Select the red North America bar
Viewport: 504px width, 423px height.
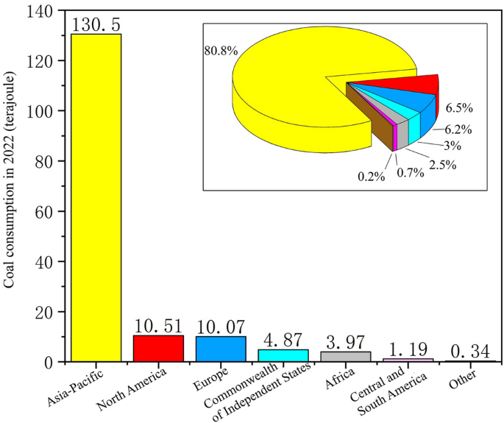pos(158,348)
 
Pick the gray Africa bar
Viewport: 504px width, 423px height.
pos(346,357)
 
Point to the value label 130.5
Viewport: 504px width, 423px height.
pos(96,24)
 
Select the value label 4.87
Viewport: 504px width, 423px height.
pos(283,340)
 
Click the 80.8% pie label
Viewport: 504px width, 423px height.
pos(214,53)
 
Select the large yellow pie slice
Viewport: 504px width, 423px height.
pos(294,81)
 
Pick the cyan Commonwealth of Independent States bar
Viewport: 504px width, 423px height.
pos(283,355)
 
